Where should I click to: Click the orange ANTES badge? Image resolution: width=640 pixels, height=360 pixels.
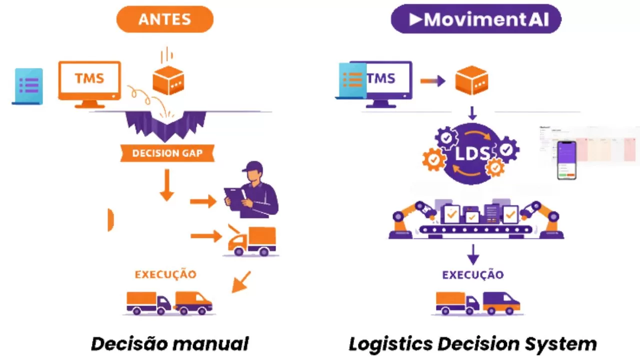tap(164, 19)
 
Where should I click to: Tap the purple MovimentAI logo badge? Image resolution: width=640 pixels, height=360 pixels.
tap(475, 19)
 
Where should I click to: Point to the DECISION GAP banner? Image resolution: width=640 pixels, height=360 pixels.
tap(167, 153)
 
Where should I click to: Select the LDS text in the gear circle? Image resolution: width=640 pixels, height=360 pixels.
tap(471, 153)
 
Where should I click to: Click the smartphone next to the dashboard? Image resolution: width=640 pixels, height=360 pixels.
tap(566, 160)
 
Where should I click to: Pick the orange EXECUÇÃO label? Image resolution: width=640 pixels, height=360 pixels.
tap(165, 274)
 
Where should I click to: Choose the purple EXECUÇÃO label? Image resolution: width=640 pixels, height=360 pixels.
tap(473, 274)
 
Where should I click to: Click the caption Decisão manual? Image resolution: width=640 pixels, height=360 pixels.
tap(169, 344)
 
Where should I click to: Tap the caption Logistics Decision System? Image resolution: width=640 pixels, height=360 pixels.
tap(472, 344)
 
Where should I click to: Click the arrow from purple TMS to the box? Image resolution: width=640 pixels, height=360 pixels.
tap(432, 80)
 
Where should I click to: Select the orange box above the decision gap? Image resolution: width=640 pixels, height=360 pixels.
tap(168, 80)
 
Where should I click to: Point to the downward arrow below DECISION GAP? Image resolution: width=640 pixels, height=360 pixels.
tap(166, 185)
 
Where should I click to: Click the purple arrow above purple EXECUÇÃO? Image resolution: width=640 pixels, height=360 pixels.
tap(473, 254)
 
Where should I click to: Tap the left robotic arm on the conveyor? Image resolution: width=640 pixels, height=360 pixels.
tap(407, 217)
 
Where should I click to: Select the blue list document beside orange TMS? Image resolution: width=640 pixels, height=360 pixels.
tap(28, 86)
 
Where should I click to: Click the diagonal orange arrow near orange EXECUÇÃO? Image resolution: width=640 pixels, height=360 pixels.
tap(241, 282)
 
